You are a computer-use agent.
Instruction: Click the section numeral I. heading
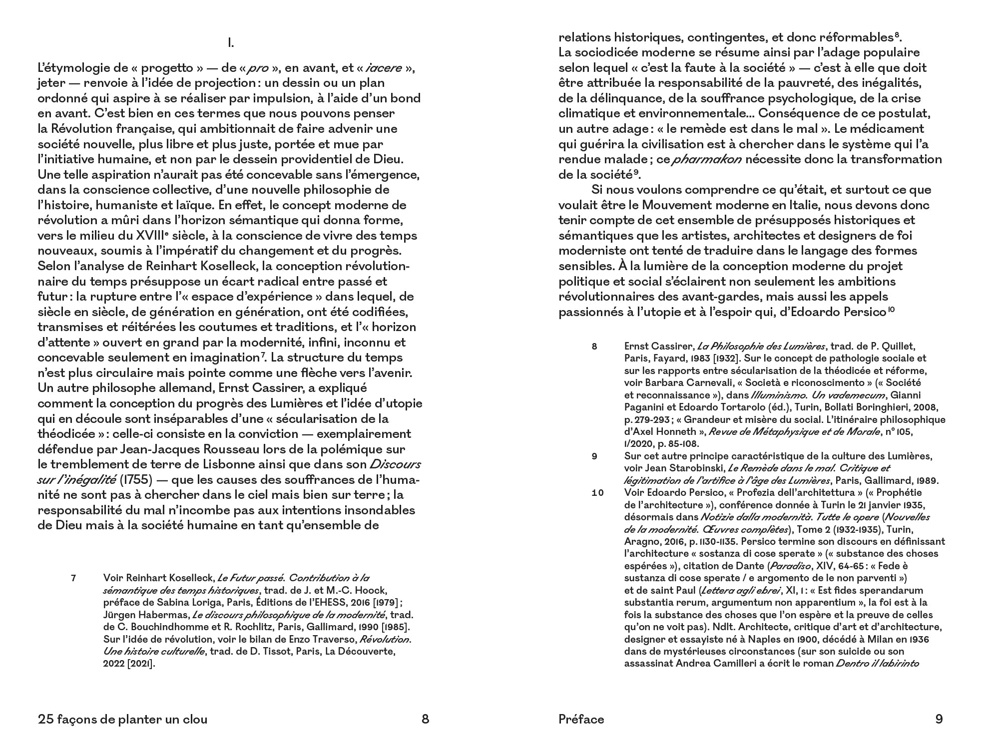coord(231,44)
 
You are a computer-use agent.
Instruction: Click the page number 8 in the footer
coord(425,719)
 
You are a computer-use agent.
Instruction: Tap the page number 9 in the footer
coord(939,719)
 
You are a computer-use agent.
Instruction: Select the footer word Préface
coord(581,719)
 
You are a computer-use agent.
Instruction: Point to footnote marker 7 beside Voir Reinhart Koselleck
coord(73,578)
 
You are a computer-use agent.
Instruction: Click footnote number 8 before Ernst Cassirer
coord(594,346)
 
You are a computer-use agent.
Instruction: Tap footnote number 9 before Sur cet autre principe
coord(594,456)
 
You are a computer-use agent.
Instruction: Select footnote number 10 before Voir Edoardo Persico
coord(598,493)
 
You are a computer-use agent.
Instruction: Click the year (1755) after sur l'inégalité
coord(136,480)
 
